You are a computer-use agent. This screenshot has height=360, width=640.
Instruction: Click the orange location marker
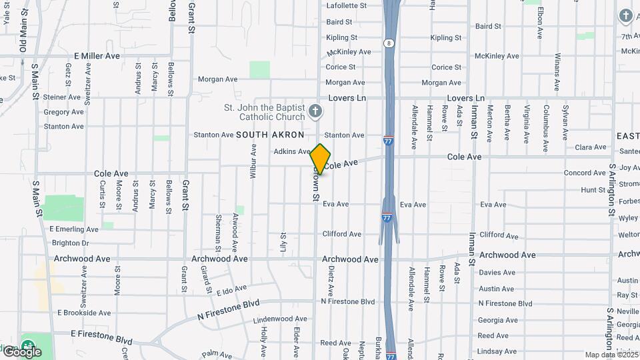tap(321, 159)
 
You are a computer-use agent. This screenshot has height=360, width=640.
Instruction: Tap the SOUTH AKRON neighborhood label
tap(270, 135)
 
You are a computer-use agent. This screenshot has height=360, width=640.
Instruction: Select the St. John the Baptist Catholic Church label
tap(265, 112)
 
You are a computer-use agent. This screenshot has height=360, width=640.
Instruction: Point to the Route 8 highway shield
tap(388, 43)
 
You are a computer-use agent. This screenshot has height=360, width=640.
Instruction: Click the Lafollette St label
tap(347, 5)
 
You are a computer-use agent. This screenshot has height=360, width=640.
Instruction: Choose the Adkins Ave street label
tap(292, 152)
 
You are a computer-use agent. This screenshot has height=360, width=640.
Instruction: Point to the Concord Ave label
tap(585, 173)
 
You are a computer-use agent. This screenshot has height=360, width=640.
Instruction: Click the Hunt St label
tap(593, 190)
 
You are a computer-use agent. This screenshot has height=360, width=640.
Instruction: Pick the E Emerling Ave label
tap(74, 229)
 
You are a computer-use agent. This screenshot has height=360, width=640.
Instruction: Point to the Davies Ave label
tap(497, 273)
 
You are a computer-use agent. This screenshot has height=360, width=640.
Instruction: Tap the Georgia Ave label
tap(498, 320)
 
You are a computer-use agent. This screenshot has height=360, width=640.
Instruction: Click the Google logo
tap(22, 351)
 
